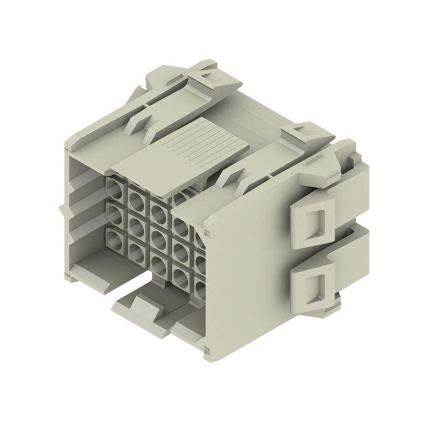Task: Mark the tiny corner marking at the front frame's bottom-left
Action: click(x=67, y=277)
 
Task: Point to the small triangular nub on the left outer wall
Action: click(x=62, y=211)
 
